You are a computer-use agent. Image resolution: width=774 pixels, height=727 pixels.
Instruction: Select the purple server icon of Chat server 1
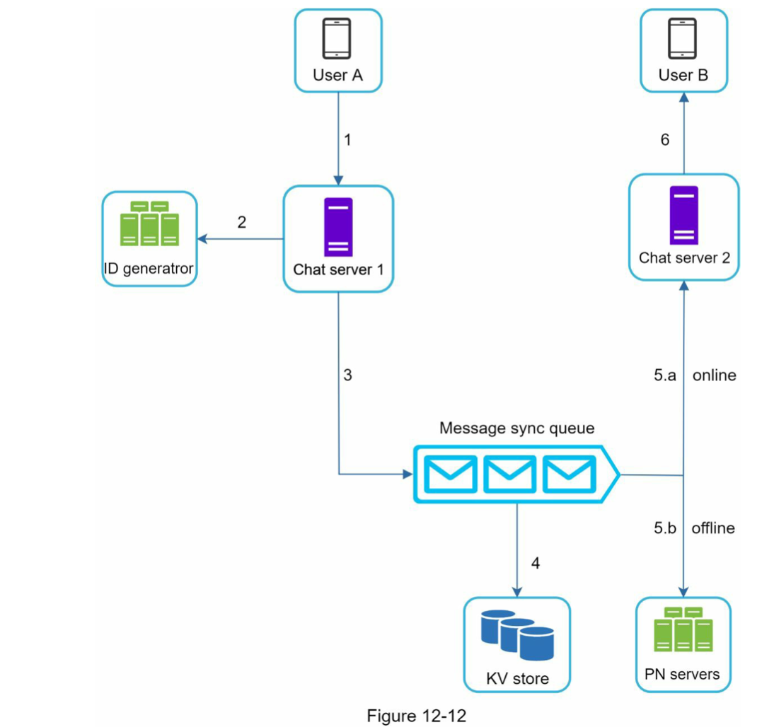338,227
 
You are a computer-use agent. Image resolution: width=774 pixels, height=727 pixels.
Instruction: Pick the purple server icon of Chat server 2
683,215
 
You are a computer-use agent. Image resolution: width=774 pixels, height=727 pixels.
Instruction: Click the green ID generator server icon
149,224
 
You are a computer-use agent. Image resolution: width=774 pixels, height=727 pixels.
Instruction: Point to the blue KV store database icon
516,634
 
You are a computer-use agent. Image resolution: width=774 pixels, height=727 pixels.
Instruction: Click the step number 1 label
347,140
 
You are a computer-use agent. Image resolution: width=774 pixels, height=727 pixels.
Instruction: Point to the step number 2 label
242,222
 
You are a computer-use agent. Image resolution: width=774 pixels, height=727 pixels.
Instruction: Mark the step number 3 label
347,376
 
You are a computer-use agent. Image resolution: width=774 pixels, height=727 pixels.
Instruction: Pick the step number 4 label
536,564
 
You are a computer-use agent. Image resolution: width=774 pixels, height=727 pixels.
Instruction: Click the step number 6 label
664,140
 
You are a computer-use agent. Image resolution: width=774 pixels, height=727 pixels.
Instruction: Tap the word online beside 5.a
714,376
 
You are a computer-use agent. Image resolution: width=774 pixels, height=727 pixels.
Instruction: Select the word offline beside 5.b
713,528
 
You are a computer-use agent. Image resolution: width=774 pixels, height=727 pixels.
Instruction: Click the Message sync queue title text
516,428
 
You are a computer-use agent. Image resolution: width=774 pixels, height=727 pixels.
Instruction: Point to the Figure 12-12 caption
416,716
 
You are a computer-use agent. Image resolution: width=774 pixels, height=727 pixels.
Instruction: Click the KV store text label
517,679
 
